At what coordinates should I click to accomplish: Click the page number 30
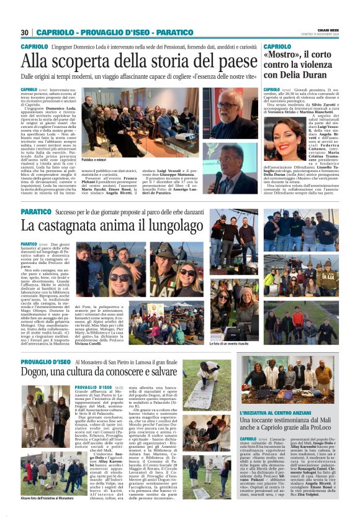point(24,32)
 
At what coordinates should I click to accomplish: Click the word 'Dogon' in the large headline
point(39,373)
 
